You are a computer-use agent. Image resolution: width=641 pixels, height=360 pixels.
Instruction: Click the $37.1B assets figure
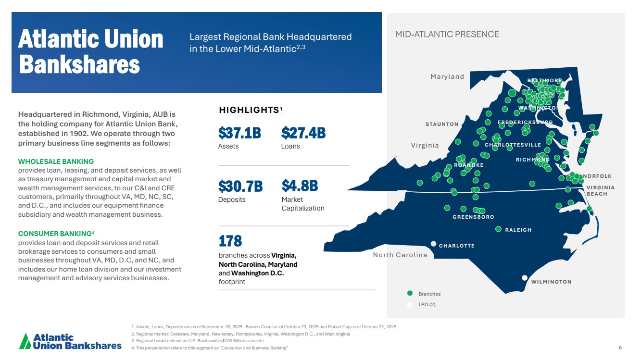(239, 132)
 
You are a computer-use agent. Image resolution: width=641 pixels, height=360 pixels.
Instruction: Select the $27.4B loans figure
(303, 132)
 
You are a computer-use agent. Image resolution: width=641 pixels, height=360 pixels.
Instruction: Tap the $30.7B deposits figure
(240, 186)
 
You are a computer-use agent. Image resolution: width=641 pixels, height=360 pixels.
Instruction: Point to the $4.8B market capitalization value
(300, 186)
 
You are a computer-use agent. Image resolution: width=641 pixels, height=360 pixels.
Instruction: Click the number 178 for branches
(230, 240)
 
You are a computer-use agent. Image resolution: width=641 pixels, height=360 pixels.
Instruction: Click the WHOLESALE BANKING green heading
(56, 161)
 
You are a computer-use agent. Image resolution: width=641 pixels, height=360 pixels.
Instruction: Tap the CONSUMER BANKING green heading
(54, 234)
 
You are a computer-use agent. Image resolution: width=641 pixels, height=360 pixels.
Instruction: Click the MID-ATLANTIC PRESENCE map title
(447, 34)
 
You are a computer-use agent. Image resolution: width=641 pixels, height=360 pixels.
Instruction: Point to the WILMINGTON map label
(551, 282)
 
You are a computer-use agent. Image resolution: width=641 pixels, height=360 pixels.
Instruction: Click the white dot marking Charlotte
(433, 244)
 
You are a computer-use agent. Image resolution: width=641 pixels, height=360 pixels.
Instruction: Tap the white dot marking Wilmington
(525, 277)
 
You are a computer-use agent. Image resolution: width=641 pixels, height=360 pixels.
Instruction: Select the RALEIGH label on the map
(518, 230)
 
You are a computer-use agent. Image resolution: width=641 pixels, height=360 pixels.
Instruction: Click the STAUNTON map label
(442, 124)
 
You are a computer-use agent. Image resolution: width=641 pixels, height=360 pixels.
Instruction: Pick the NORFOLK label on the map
(597, 176)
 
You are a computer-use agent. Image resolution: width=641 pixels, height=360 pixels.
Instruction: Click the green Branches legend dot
(410, 293)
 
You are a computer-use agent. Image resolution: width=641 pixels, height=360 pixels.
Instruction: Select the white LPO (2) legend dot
(410, 305)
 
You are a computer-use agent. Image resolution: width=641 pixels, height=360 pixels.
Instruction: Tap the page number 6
(620, 348)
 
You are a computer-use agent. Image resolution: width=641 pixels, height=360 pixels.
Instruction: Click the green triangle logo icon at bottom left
(25, 341)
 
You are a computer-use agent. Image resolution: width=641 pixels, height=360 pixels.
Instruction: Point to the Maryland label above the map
(447, 77)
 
